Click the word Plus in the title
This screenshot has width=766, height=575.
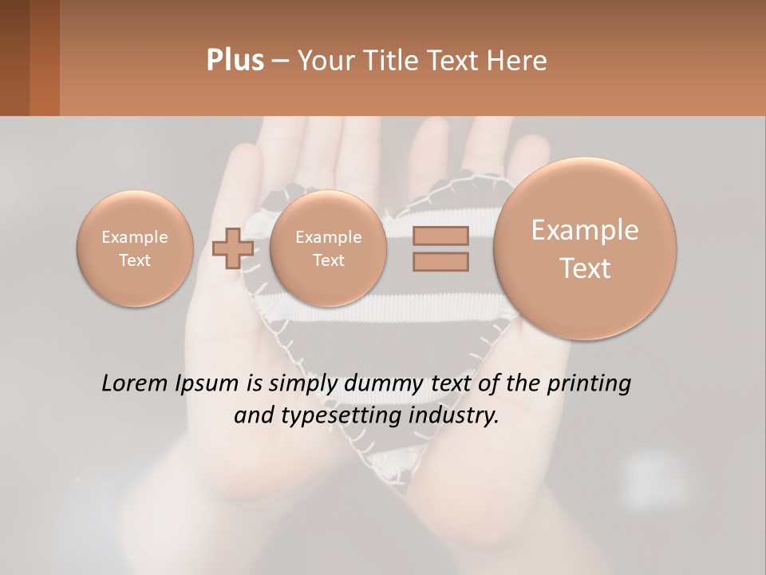[x=235, y=60]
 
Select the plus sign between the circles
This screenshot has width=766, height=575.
[x=233, y=248]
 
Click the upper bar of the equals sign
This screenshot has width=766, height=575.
[x=440, y=236]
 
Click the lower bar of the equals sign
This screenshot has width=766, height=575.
[x=440, y=261]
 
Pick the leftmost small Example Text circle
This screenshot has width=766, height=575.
[x=135, y=248]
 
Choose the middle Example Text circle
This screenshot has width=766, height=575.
[x=329, y=248]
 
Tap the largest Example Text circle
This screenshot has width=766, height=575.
[x=585, y=248]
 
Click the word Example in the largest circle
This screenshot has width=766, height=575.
[x=585, y=231]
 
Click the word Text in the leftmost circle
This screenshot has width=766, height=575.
[x=135, y=260]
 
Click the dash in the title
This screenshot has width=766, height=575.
[x=280, y=61]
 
